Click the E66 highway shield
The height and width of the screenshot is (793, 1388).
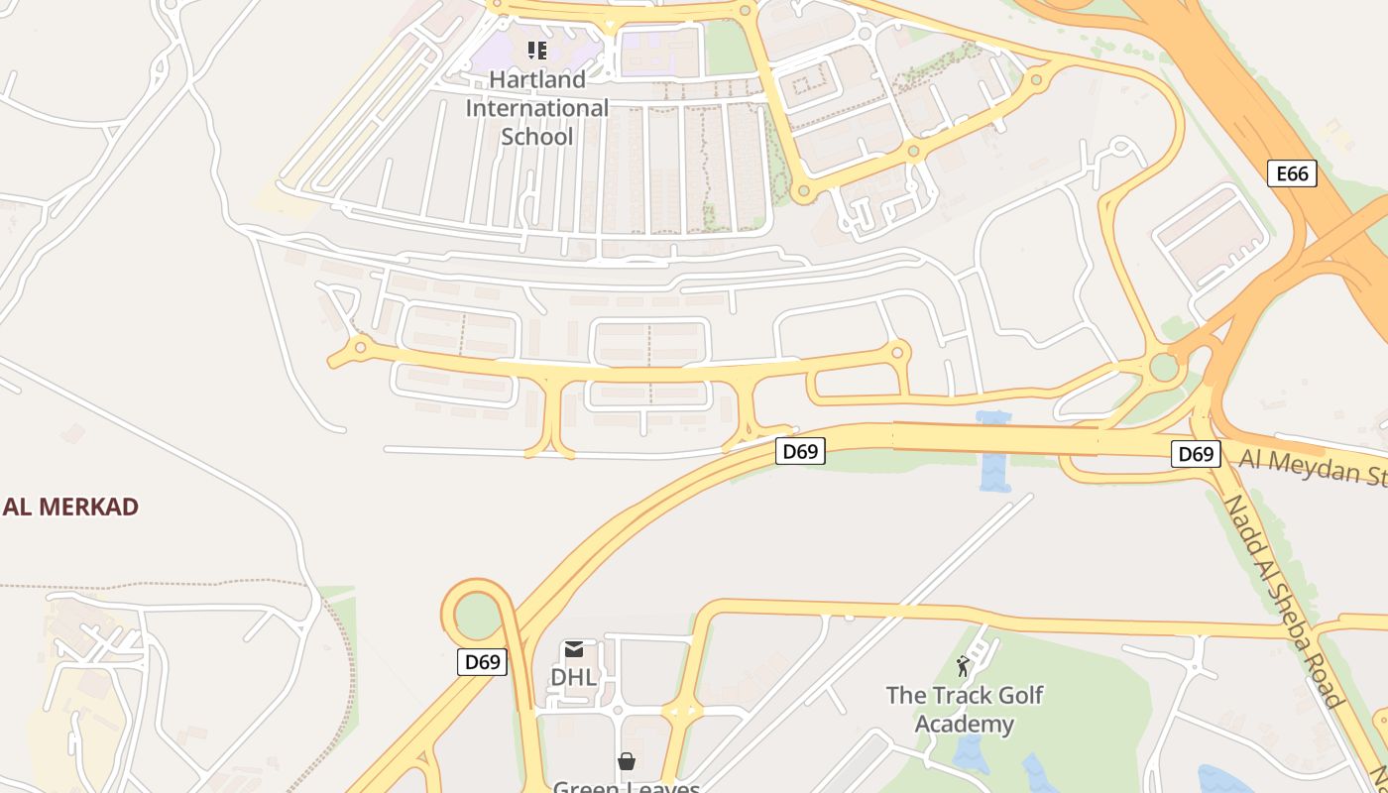tap(1292, 174)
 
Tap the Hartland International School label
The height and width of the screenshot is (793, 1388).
tap(537, 107)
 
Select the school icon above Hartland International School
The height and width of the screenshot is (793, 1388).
tap(536, 51)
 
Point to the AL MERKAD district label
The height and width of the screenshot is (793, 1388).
tap(70, 507)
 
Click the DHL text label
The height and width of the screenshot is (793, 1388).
tap(574, 677)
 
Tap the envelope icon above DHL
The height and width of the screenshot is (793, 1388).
tap(574, 650)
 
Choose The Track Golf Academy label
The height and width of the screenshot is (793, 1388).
tap(965, 709)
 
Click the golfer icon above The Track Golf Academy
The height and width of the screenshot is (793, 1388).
tap(963, 666)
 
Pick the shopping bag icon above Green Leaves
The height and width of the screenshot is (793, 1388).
tap(626, 761)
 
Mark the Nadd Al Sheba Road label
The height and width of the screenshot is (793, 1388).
tap(1284, 602)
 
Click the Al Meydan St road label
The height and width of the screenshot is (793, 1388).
tap(1314, 467)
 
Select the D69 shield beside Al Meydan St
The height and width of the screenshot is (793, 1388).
tap(1195, 454)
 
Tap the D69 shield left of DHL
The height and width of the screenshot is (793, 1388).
tap(482, 662)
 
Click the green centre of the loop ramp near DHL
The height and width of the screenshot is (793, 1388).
tap(478, 615)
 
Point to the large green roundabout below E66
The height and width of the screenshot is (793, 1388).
tap(1164, 368)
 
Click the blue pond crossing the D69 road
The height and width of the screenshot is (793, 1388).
tap(993, 451)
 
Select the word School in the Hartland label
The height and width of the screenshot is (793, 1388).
tap(537, 136)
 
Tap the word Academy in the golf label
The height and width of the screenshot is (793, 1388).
tap(965, 724)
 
